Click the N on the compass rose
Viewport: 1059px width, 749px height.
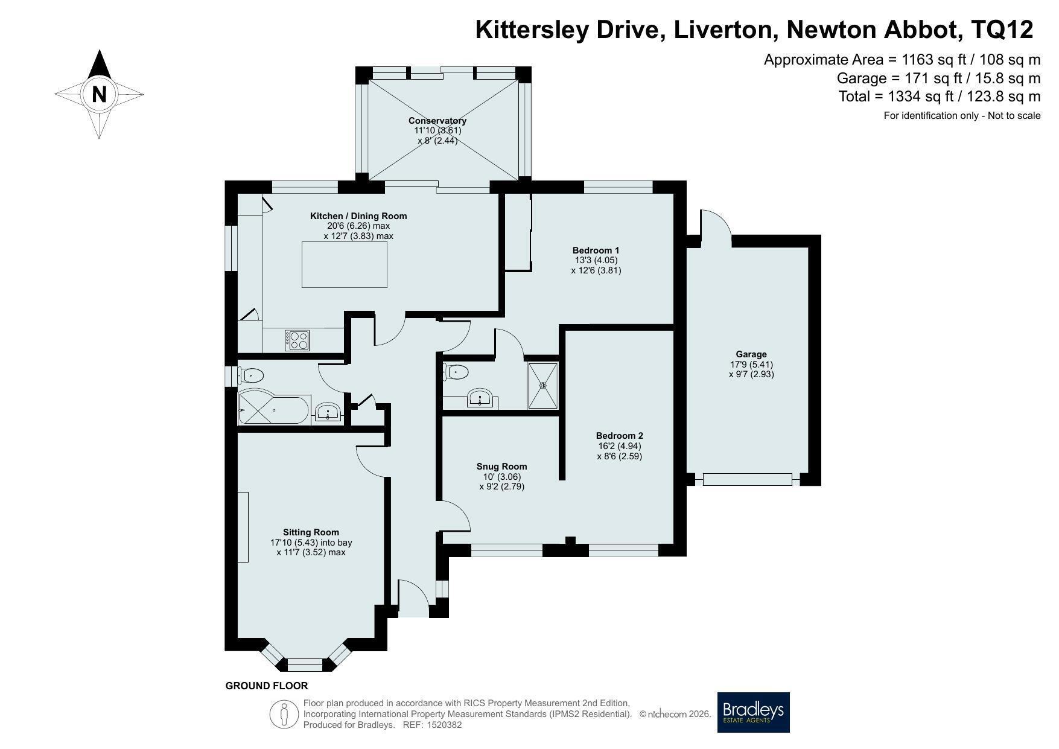click(x=100, y=95)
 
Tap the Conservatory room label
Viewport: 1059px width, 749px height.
click(x=437, y=120)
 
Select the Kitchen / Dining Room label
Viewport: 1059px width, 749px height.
click(x=358, y=216)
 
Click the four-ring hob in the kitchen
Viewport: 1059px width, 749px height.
click(x=297, y=340)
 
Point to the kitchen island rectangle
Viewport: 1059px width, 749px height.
click(x=345, y=264)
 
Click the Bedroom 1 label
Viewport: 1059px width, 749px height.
click(x=596, y=250)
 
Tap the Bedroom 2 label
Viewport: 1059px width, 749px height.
click(x=620, y=436)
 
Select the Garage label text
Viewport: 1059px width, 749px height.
click(x=751, y=354)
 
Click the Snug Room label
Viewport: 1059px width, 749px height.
click(x=501, y=466)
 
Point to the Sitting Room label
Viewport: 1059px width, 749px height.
click(x=311, y=532)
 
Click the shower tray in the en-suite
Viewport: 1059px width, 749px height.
click(x=543, y=385)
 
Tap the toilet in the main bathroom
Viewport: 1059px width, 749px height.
click(x=250, y=376)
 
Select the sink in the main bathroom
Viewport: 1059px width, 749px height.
click(x=328, y=412)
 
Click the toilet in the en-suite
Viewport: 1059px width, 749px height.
click(x=456, y=372)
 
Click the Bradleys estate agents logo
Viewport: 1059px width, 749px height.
click(x=754, y=712)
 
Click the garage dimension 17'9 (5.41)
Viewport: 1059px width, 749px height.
click(x=751, y=365)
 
